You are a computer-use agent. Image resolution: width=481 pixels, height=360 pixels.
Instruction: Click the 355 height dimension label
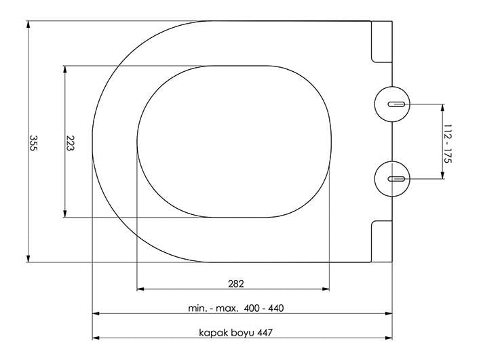(33, 142)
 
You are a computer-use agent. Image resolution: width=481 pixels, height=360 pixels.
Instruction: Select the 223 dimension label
(70, 143)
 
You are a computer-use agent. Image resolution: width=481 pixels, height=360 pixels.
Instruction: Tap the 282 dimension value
(236, 283)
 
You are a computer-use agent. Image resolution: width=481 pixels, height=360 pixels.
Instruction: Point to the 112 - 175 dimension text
(448, 143)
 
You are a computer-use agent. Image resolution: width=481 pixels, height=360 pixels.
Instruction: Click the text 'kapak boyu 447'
(235, 332)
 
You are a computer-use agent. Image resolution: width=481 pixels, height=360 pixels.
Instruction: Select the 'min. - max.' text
(213, 308)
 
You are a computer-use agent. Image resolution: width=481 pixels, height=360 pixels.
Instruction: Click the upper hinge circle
(392, 104)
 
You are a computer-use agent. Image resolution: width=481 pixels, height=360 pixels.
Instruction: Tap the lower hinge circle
(392, 179)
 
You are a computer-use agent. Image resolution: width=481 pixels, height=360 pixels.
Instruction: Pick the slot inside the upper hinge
(397, 104)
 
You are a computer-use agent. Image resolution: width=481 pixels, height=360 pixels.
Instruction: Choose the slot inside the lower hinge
(397, 179)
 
